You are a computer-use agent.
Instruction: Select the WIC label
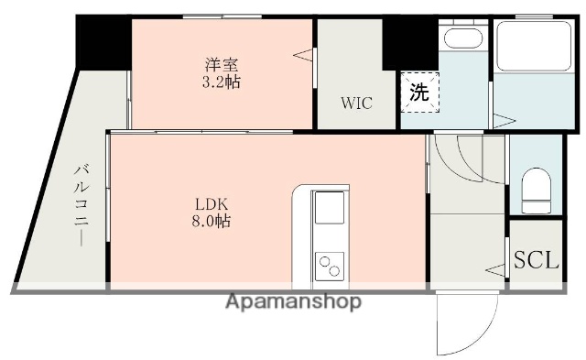click(x=357, y=103)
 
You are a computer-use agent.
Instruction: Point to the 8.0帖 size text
click(x=211, y=221)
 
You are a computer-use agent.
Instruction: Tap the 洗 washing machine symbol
click(x=418, y=92)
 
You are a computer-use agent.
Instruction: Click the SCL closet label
click(x=536, y=260)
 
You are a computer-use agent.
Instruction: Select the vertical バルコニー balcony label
click(x=81, y=203)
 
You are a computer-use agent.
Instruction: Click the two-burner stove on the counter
click(x=328, y=266)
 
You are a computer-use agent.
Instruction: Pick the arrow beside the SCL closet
click(x=495, y=269)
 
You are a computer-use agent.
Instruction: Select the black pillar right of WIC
click(x=397, y=41)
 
